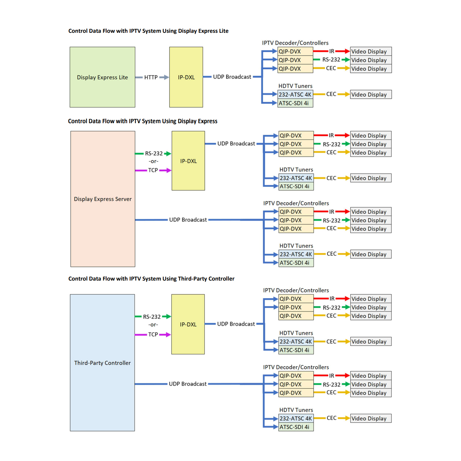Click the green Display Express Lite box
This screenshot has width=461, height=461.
tap(102, 77)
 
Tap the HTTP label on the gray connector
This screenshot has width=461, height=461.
tap(151, 77)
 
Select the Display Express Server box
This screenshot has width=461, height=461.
tap(103, 199)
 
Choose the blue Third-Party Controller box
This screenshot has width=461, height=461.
tap(102, 363)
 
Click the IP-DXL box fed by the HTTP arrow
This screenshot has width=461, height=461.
tap(186, 77)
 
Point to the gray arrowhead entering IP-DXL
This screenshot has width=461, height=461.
tap(166, 77)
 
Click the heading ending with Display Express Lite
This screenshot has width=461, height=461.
tap(148, 31)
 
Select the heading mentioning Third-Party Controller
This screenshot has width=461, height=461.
tap(151, 279)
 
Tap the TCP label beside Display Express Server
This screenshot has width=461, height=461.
tap(153, 170)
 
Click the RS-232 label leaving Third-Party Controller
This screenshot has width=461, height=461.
tap(152, 317)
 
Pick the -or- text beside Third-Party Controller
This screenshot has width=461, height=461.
tap(153, 325)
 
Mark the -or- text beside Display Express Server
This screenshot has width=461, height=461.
tap(153, 161)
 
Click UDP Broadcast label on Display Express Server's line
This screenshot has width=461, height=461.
tap(188, 220)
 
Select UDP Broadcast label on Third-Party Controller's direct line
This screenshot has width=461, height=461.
tap(188, 384)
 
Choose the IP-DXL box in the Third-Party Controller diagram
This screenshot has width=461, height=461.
tap(188, 324)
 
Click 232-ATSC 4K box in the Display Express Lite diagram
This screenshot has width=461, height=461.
tap(295, 95)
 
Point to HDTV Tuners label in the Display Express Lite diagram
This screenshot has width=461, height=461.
tap(295, 86)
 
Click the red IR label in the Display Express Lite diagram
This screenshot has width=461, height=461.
tap(332, 52)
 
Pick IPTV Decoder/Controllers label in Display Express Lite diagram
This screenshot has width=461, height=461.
tap(295, 43)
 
